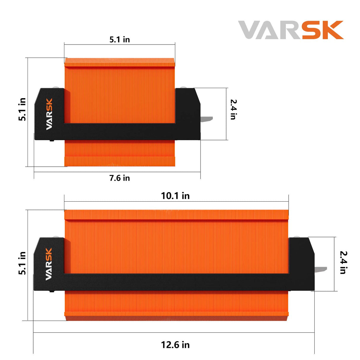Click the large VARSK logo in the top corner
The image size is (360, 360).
[291, 30]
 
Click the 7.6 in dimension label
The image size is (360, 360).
[120, 178]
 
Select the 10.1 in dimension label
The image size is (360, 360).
[175, 196]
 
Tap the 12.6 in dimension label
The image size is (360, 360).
[175, 345]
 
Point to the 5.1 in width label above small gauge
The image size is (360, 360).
[120, 39]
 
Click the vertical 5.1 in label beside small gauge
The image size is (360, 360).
[22, 109]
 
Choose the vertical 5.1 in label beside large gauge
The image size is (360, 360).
[22, 263]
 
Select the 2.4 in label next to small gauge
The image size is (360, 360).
[233, 109]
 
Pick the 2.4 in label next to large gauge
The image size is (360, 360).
[343, 262]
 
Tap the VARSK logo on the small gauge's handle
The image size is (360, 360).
[49, 114]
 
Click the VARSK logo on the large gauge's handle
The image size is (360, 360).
[49, 264]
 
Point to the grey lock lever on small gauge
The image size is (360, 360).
[207, 119]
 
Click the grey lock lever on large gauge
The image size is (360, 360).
[321, 269]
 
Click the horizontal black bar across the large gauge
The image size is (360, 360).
[175, 282]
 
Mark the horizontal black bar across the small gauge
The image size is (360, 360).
[119, 131]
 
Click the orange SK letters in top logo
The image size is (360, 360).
[323, 30]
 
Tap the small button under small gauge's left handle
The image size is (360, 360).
[52, 140]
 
